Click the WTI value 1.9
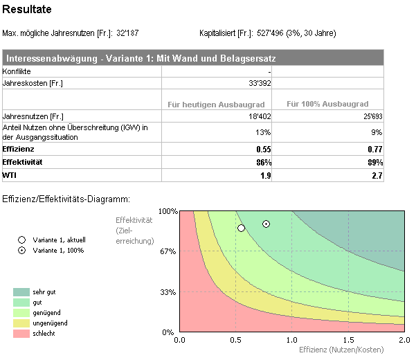(x=265, y=175)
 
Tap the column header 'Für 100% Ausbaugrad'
(x=329, y=104)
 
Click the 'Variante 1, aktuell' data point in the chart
(x=242, y=228)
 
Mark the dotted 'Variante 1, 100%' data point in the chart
(x=266, y=224)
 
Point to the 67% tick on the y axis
(x=168, y=251)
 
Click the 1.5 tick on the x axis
(x=347, y=340)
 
